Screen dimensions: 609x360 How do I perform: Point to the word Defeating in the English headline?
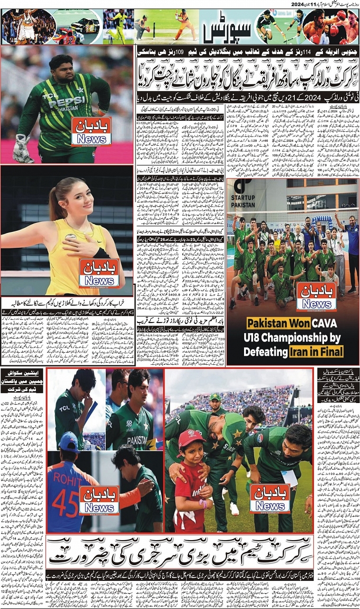(274, 351)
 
